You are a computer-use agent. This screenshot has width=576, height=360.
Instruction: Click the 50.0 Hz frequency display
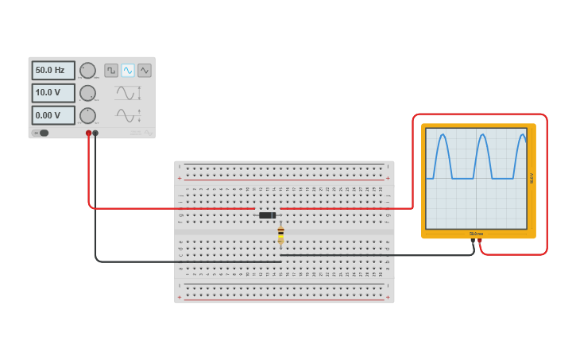(53, 70)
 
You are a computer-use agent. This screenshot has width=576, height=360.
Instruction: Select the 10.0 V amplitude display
(53, 93)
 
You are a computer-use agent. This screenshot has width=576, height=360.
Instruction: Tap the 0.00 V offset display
(53, 115)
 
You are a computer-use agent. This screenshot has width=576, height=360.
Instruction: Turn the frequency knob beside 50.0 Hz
(87, 70)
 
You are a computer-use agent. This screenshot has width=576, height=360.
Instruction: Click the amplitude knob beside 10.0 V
(87, 93)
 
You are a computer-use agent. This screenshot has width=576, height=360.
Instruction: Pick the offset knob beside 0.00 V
(87, 115)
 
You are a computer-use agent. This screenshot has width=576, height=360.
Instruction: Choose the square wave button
(111, 70)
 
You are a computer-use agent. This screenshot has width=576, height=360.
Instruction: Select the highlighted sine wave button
(128, 70)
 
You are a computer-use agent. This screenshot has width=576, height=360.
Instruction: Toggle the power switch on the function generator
(41, 133)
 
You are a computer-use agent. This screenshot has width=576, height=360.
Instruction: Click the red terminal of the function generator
(88, 133)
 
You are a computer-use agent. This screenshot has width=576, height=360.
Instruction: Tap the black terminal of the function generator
(95, 133)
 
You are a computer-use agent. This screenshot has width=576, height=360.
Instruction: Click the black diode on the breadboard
(268, 215)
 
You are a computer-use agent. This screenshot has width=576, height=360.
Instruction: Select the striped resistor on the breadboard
(280, 233)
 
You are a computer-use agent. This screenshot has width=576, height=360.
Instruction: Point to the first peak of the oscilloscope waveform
(442, 137)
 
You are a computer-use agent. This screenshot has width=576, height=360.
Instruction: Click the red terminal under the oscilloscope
(480, 240)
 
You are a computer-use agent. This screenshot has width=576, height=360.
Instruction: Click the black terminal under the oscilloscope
(473, 240)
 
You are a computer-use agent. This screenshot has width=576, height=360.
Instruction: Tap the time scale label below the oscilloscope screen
(476, 234)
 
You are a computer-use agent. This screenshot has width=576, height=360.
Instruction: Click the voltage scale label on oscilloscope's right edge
(532, 178)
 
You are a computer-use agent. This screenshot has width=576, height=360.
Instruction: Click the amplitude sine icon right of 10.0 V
(127, 93)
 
